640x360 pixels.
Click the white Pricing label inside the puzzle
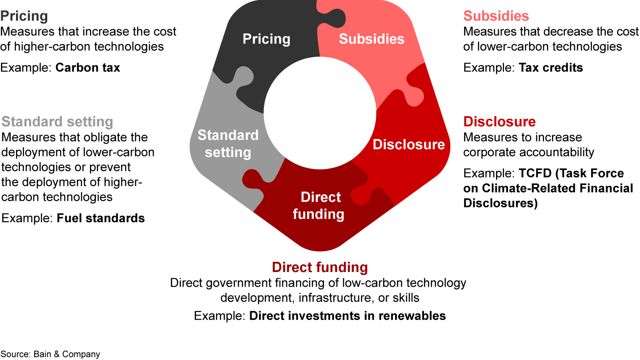click(266, 39)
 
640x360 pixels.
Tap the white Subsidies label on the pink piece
click(372, 39)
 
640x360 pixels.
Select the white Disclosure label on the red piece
click(408, 144)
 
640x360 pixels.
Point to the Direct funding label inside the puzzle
click(319, 205)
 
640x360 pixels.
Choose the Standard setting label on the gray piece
click(228, 144)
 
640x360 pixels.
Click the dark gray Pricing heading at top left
click(24, 16)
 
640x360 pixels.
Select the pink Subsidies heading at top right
click(496, 16)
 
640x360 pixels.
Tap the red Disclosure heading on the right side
click(500, 121)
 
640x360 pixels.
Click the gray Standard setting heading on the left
click(57, 122)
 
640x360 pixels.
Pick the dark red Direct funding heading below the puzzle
click(320, 268)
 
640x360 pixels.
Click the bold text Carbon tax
click(88, 68)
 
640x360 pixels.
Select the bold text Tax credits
click(551, 68)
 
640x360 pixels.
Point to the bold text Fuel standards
click(100, 218)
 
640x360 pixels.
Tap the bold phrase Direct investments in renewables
click(348, 316)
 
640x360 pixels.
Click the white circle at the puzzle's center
click(320, 113)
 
